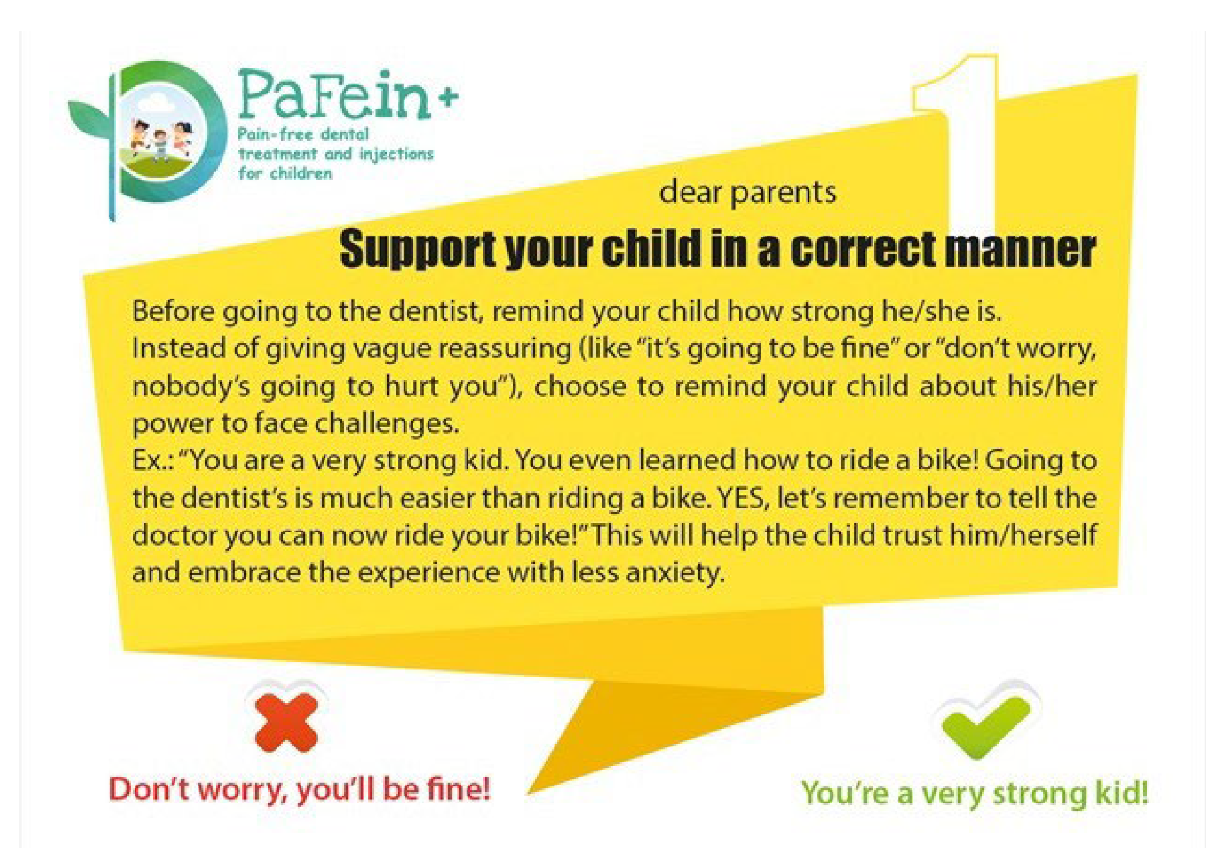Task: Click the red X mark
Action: click(286, 722)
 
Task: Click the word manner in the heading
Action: click(1020, 249)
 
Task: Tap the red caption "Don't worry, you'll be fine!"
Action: click(300, 789)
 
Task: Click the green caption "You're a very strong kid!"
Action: click(975, 793)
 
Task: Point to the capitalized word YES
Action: click(743, 498)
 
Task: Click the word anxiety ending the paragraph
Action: click(675, 573)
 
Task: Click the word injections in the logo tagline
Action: click(396, 154)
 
